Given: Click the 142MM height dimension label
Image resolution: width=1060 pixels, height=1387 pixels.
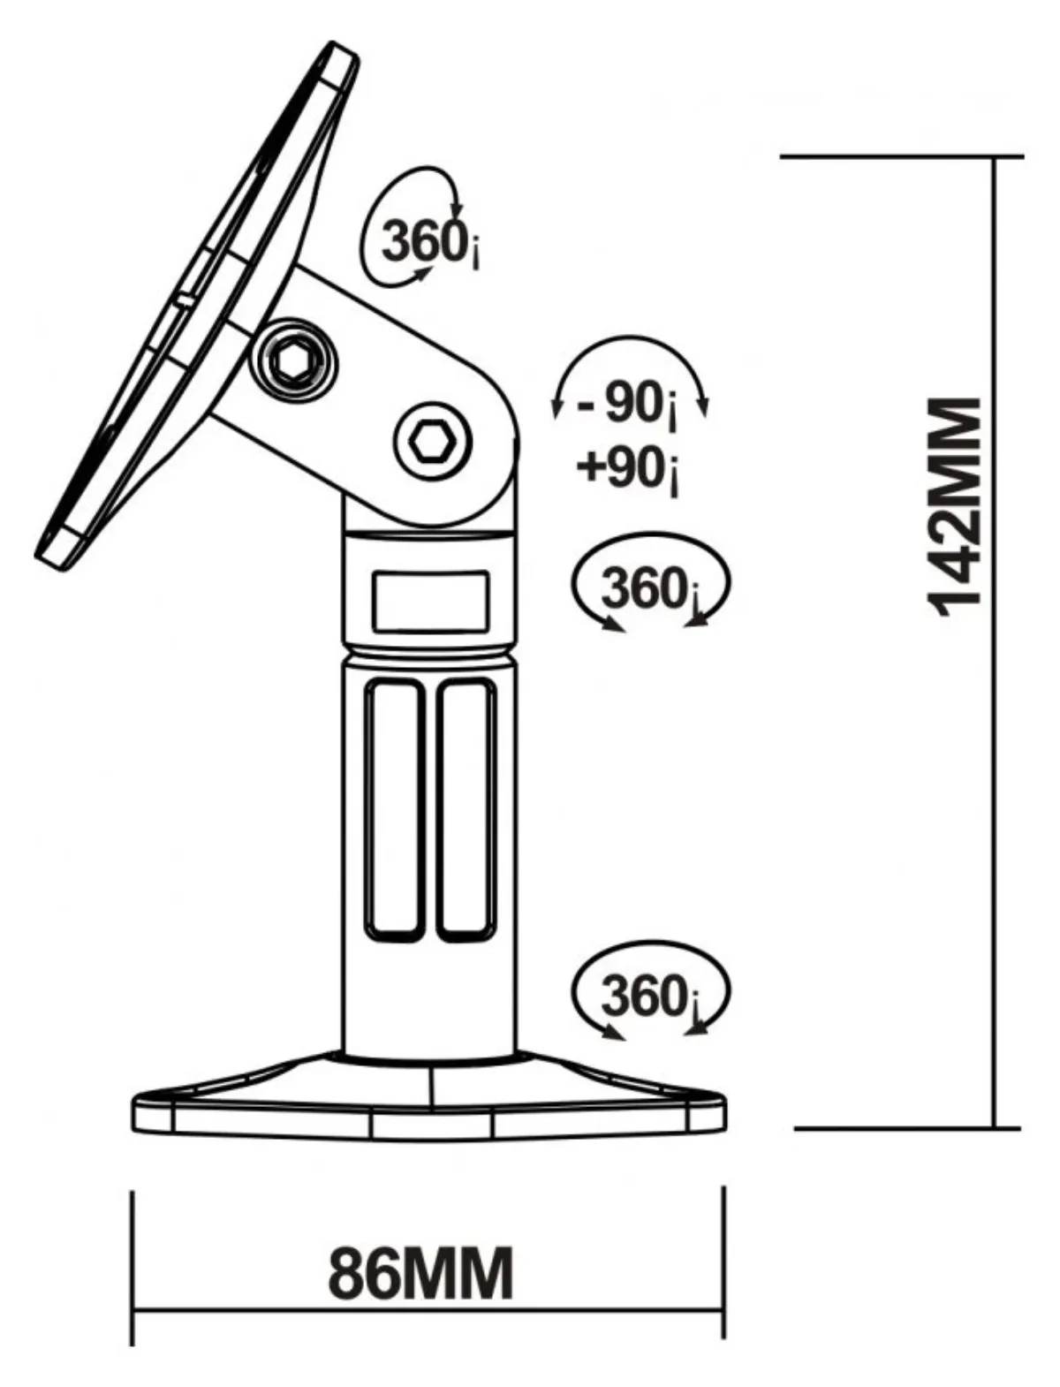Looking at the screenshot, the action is (955, 507).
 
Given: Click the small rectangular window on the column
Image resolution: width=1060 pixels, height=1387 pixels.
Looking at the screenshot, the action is (430, 601).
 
